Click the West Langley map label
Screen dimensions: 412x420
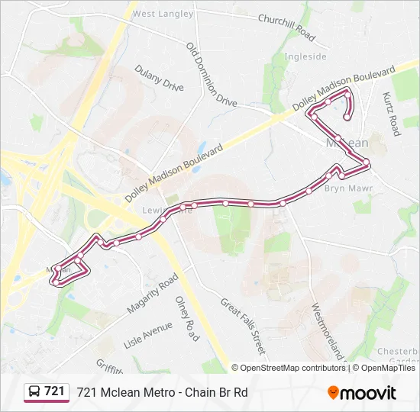(x=163, y=14)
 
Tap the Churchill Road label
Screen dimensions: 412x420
(x=286, y=27)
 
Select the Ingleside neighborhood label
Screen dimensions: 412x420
(x=305, y=56)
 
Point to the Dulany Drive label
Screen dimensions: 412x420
(x=160, y=78)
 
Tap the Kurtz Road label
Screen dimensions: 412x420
(x=391, y=114)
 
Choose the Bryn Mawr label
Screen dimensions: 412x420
(x=348, y=188)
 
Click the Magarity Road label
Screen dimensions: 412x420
(x=152, y=295)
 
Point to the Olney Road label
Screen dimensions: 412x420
(x=187, y=319)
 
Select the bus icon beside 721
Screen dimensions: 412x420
(x=34, y=392)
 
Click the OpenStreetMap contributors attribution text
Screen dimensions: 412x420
(x=293, y=368)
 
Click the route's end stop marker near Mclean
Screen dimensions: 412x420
(x=347, y=117)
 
